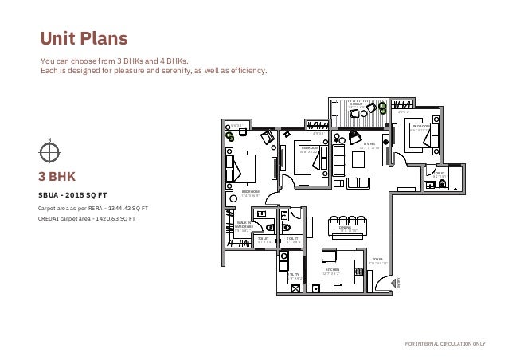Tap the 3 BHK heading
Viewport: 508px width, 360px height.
coord(62,176)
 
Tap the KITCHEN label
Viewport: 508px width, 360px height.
coord(332,270)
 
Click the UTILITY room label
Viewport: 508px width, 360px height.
coord(294,274)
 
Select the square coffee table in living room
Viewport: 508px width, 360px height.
coord(358,159)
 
